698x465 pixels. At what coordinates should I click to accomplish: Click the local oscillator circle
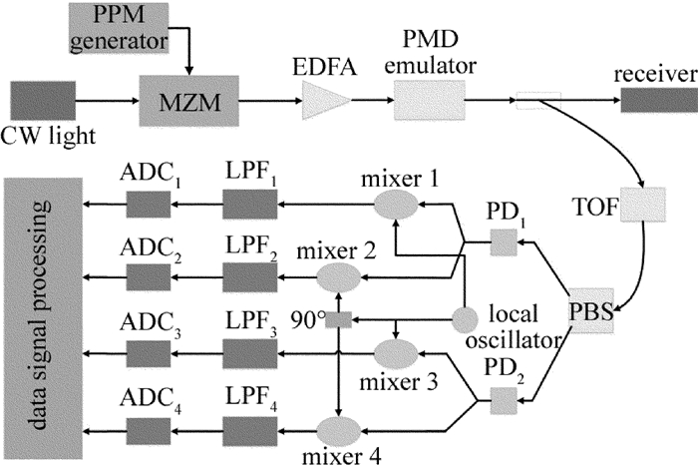click(x=465, y=319)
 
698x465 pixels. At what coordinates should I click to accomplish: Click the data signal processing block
click(x=44, y=312)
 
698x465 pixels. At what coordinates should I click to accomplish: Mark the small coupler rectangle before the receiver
click(x=539, y=101)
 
